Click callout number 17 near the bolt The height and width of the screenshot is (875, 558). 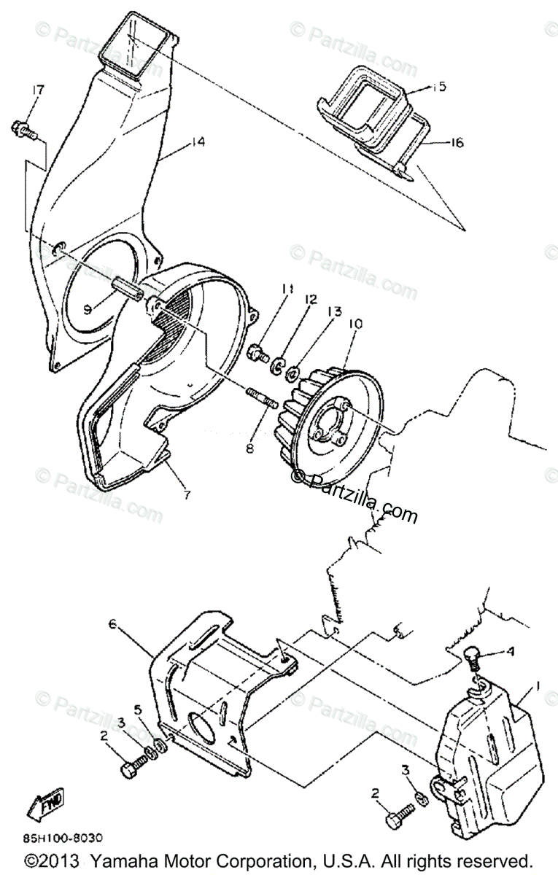(x=36, y=90)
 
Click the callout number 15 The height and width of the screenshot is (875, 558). (x=438, y=87)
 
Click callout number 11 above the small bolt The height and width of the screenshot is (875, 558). (x=287, y=289)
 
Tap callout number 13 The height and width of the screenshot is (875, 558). (x=334, y=311)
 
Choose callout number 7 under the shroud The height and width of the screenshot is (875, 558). (x=187, y=495)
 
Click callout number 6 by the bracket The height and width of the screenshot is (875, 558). (x=112, y=624)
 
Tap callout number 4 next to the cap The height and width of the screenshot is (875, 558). (x=511, y=652)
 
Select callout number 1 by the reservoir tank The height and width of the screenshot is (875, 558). (x=538, y=686)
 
